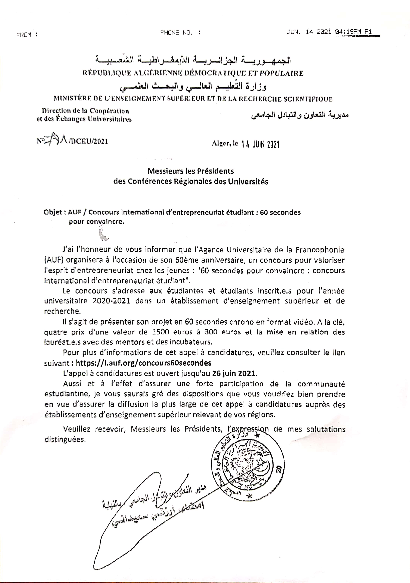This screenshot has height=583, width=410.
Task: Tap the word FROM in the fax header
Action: (x=24, y=35)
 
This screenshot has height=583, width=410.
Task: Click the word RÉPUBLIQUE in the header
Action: (x=107, y=73)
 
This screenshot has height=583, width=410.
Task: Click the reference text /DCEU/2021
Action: (x=88, y=142)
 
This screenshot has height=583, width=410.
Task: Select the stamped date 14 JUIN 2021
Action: (x=260, y=144)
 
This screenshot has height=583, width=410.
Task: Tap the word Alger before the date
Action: (x=220, y=144)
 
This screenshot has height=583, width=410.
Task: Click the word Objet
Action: (x=53, y=212)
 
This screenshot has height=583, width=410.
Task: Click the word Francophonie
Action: (x=320, y=250)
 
